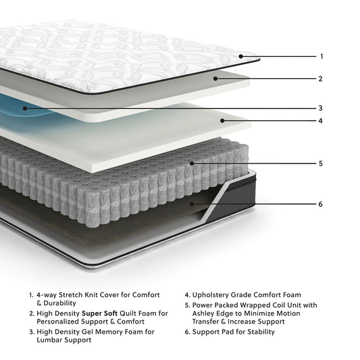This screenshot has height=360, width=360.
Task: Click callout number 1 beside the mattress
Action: tap(322, 57)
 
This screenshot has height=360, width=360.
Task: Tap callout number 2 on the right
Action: tap(322, 79)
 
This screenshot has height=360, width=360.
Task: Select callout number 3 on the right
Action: tap(322, 108)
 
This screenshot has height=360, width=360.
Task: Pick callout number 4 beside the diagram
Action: tap(322, 122)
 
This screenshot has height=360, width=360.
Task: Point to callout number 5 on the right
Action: tap(322, 163)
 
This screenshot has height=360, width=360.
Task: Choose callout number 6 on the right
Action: tap(322, 203)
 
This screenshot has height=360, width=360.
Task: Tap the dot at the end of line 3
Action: tap(25, 108)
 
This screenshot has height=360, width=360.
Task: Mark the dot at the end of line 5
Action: tap(193, 163)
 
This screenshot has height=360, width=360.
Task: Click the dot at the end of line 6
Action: tap(193, 203)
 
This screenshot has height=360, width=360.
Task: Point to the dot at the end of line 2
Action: tap(215, 79)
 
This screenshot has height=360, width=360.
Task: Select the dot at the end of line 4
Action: tap(222, 122)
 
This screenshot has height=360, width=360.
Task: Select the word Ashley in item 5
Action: tap(206, 313)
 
